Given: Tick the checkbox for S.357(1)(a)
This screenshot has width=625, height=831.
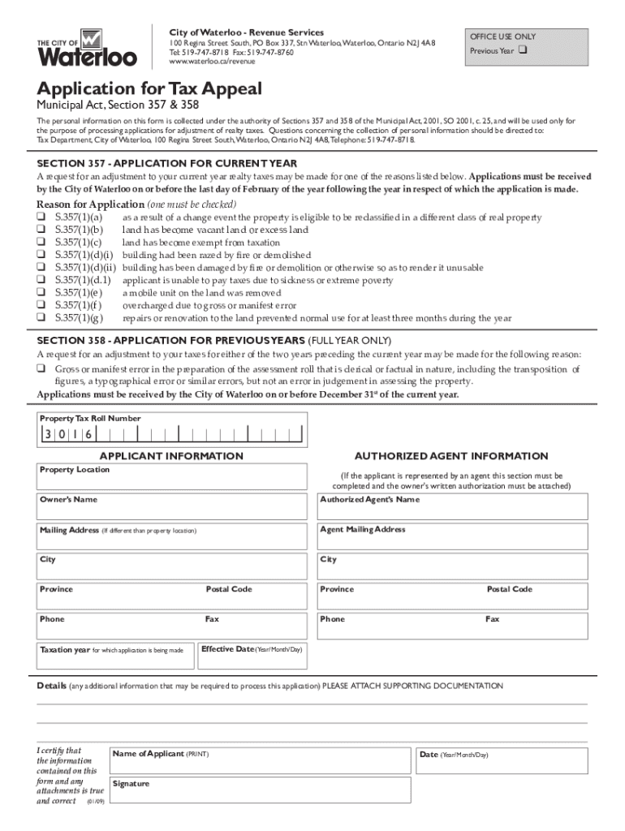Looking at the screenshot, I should [x=41, y=217].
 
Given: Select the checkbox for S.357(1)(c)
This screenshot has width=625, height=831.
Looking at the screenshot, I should [x=41, y=243].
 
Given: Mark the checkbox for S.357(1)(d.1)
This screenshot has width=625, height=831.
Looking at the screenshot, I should [x=41, y=280].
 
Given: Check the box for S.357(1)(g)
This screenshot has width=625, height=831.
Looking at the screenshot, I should [x=41, y=317].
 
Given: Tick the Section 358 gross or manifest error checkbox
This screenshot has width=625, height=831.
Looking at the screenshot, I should [x=41, y=369].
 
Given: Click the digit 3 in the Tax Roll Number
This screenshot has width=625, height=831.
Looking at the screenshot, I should [x=49, y=434].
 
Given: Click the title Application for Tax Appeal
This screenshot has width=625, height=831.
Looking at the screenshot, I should [x=148, y=89].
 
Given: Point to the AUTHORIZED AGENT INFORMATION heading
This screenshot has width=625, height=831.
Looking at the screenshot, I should [x=451, y=456].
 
